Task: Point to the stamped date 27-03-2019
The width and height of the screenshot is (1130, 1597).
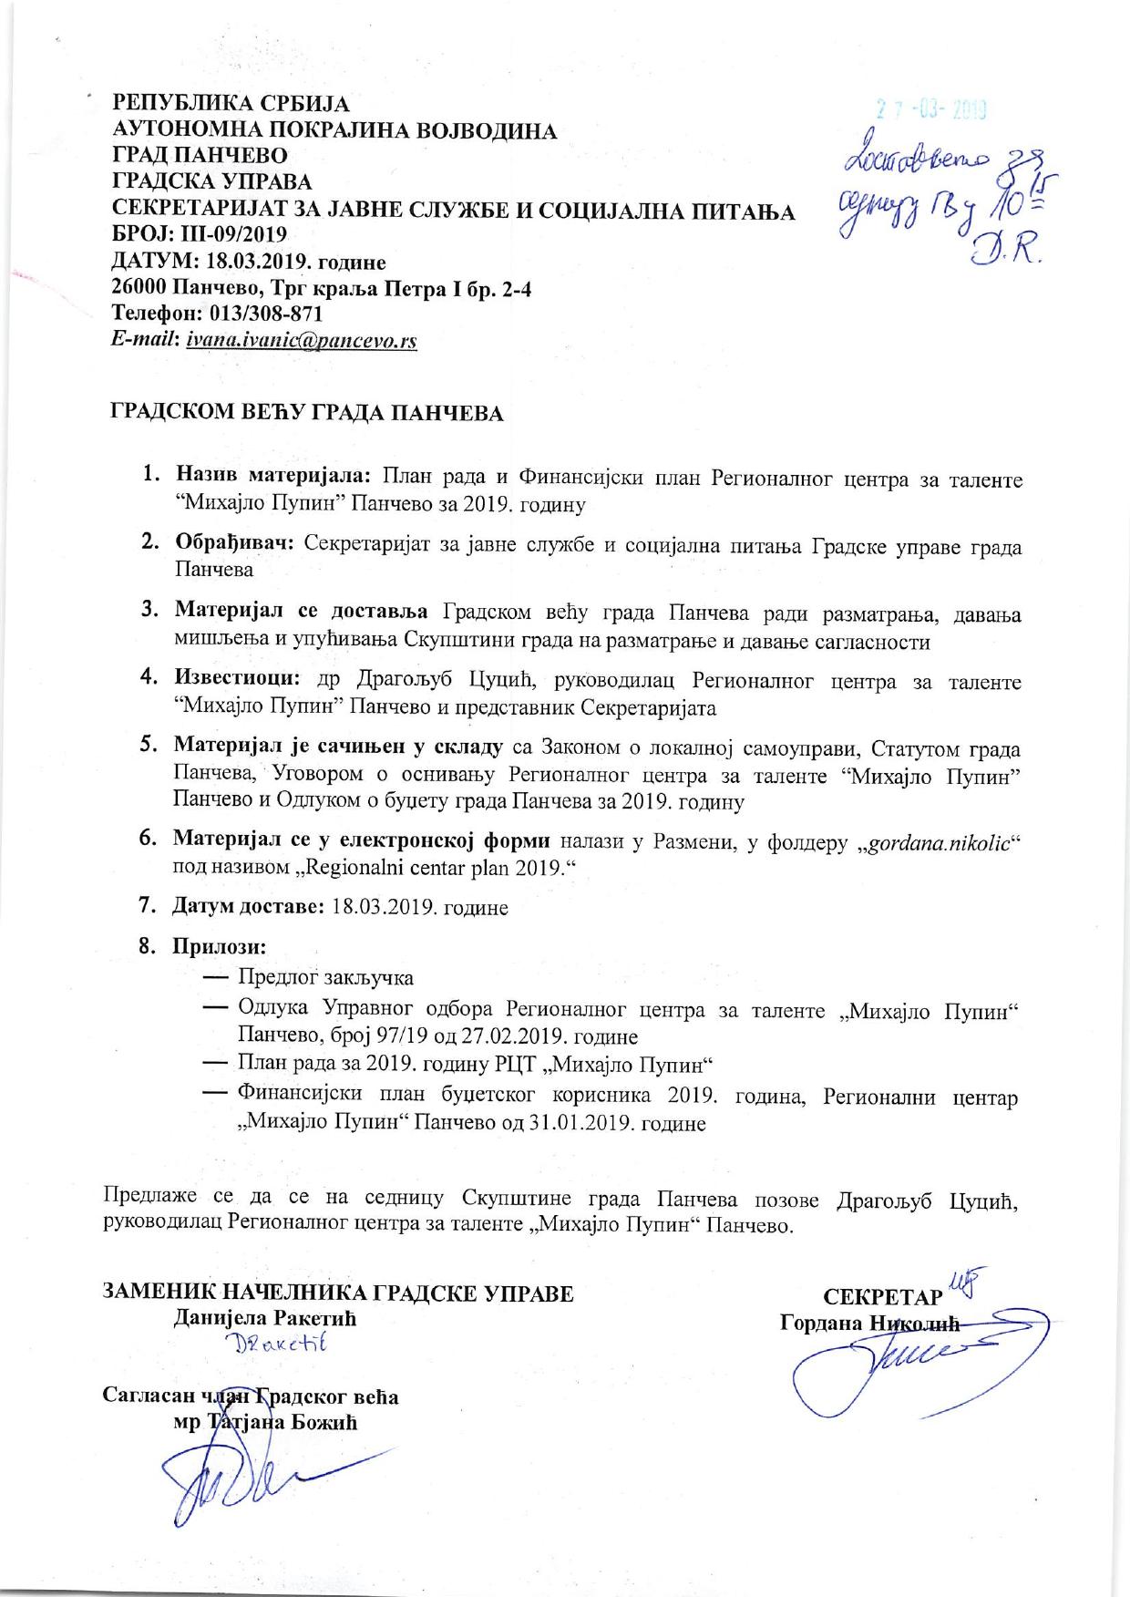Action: (x=932, y=111)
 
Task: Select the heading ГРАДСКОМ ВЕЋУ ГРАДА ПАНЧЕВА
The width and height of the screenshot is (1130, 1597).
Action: (x=307, y=414)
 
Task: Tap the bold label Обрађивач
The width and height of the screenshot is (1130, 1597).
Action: (x=234, y=545)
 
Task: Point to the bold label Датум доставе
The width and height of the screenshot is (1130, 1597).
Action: (x=249, y=907)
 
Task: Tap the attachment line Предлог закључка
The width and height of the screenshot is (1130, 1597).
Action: (x=325, y=978)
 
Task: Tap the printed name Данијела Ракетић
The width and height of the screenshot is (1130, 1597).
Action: (x=265, y=1318)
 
